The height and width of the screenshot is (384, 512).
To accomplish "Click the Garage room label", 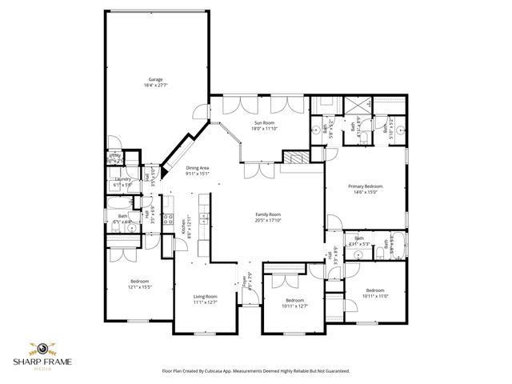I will click(155, 78).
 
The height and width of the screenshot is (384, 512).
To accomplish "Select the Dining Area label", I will click(197, 167).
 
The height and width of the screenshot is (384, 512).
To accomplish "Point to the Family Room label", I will click(268, 214).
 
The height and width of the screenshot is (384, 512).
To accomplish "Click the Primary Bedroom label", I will click(364, 186).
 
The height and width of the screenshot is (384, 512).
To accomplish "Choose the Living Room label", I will click(206, 297).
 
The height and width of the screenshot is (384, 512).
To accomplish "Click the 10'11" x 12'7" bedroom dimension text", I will click(295, 306).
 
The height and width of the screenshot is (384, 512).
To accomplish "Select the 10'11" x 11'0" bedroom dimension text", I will click(375, 295).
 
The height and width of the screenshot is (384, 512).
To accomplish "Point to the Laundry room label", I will click(122, 179).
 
